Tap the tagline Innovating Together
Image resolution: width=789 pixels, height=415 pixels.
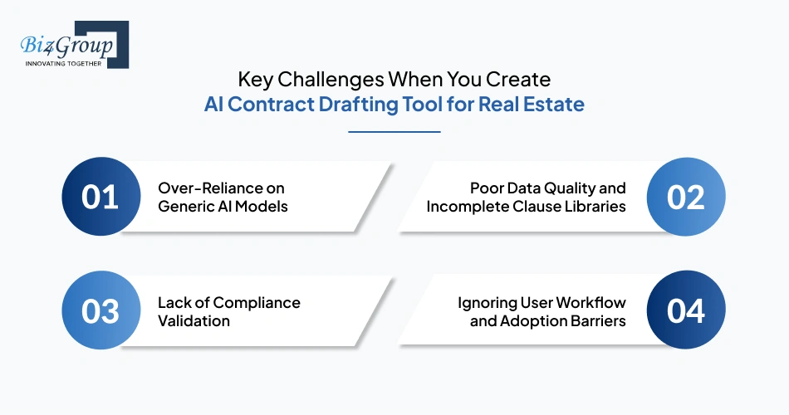63,63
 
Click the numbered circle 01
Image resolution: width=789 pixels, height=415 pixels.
100,198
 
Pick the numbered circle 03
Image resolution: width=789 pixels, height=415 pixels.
100,311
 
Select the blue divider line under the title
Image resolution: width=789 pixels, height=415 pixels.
394,131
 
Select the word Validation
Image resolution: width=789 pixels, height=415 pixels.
193,320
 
